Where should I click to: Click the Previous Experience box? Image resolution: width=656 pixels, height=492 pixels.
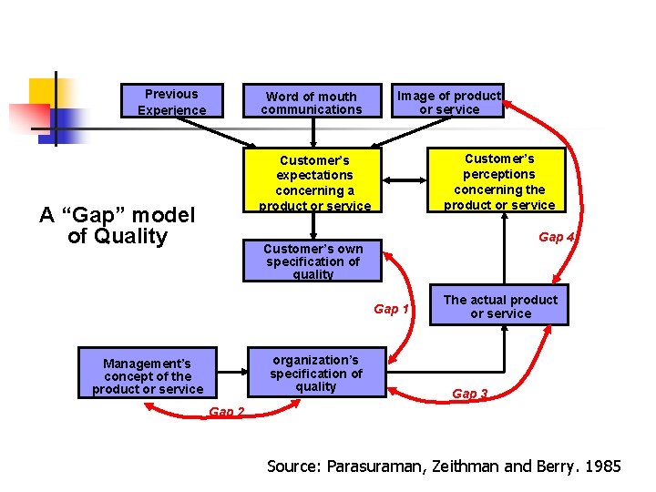point(171,101)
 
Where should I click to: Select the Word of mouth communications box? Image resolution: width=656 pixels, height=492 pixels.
point(312,102)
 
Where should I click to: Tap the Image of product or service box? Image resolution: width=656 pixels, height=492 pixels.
point(449,102)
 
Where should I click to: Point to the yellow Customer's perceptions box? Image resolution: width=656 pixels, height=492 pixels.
point(499,180)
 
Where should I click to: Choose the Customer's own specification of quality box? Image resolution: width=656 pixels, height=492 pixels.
point(313,261)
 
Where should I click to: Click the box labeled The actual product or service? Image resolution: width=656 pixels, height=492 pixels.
point(500,306)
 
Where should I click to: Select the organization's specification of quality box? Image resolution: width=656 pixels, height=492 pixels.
point(316,373)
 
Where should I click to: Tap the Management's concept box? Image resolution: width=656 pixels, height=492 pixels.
point(148,375)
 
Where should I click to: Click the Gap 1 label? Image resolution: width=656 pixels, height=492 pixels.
point(392,309)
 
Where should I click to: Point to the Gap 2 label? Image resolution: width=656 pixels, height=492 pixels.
point(227,412)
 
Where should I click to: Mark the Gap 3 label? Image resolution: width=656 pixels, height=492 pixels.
point(470,394)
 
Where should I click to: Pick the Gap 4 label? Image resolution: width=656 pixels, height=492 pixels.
point(556,237)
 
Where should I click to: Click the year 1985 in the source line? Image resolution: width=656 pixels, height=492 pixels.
point(604,466)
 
